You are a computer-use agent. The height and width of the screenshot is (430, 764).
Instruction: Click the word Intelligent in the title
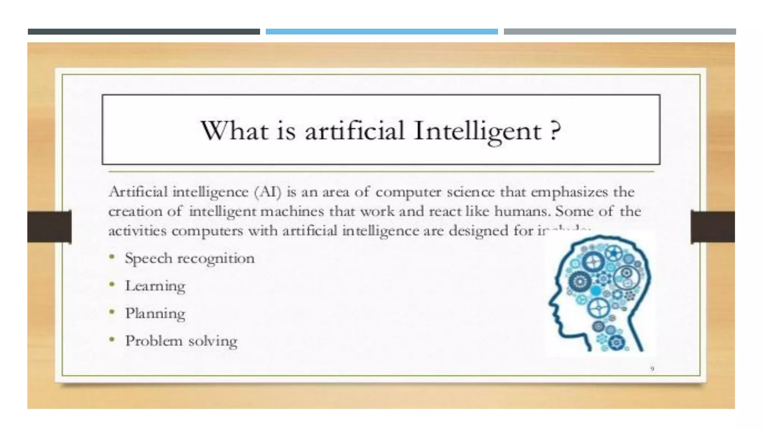(x=477, y=131)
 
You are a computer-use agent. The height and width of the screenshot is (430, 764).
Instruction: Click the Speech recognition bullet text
(x=190, y=258)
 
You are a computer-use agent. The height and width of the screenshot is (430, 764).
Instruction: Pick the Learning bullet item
(x=155, y=286)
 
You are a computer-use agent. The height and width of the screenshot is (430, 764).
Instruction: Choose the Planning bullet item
(x=155, y=314)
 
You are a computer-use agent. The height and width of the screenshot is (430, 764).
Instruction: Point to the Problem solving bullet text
(x=181, y=341)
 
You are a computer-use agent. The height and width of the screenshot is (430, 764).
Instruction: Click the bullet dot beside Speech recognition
(x=112, y=257)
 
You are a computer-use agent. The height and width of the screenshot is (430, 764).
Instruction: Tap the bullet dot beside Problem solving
(x=112, y=339)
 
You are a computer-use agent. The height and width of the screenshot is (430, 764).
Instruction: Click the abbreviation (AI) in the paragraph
(x=267, y=192)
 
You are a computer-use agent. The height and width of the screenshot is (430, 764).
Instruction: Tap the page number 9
(x=652, y=369)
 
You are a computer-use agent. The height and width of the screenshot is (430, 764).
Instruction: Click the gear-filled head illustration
(x=601, y=293)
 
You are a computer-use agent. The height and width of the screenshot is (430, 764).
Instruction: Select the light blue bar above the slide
(x=382, y=32)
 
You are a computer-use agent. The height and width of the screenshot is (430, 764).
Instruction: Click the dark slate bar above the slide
(x=144, y=32)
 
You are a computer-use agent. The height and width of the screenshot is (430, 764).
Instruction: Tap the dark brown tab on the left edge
(x=49, y=227)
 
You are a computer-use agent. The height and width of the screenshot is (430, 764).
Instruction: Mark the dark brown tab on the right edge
(x=713, y=227)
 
